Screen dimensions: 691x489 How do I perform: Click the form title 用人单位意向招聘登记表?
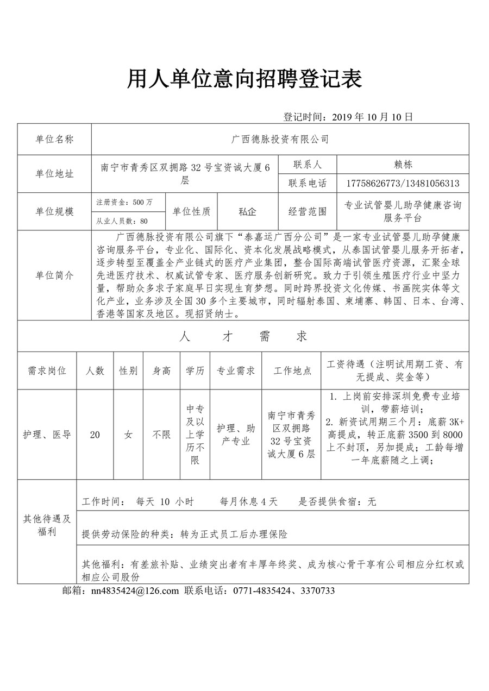[244, 79]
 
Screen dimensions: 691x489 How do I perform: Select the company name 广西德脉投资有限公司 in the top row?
[280, 140]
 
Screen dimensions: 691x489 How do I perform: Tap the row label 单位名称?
[54, 140]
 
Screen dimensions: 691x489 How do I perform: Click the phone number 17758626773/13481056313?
[403, 184]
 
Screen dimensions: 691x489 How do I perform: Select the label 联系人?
[308, 164]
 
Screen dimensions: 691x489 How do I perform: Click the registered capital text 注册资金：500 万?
[124, 202]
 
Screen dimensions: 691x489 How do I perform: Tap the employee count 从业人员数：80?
[122, 221]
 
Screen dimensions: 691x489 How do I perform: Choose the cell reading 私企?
[247, 211]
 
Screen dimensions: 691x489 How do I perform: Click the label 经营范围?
[308, 211]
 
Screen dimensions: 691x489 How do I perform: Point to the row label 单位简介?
[54, 275]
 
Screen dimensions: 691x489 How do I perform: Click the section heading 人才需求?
[243, 337]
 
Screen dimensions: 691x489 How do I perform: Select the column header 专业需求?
[236, 371]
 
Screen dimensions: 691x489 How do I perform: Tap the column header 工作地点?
[292, 371]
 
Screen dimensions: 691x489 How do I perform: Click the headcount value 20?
[95, 435]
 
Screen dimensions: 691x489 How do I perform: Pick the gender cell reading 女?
[128, 435]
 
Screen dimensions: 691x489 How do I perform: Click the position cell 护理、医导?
[47, 435]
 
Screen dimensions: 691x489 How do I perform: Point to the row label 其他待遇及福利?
[47, 525]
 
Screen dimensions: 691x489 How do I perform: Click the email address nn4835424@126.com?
[135, 591]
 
